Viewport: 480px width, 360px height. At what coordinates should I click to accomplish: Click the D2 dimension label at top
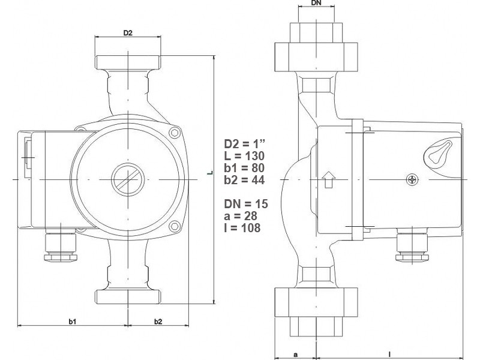[127, 33]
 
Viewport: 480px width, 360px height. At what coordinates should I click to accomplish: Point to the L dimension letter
[209, 173]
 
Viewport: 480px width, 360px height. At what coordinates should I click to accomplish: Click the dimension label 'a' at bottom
[295, 354]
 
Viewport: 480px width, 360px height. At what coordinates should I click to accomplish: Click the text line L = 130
[244, 156]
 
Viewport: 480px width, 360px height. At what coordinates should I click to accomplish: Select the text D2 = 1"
[244, 144]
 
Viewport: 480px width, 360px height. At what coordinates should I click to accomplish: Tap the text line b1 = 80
[244, 168]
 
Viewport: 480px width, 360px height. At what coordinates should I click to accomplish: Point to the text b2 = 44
[244, 180]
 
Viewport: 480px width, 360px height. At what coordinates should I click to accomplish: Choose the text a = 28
[241, 217]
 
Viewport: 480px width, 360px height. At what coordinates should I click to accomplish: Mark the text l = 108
[241, 229]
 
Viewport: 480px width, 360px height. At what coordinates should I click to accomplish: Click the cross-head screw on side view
[412, 179]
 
